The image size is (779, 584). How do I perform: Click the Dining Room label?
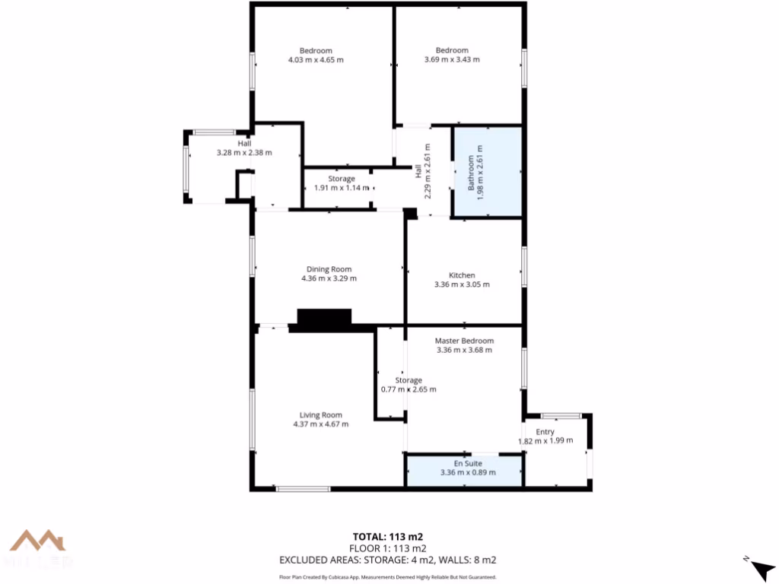coord(329,269)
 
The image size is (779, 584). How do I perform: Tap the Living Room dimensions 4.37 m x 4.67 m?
coord(320,424)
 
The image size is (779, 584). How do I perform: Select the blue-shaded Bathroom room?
coord(488,172)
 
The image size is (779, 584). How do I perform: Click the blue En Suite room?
coord(465,469)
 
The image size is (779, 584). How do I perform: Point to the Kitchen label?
coord(462,275)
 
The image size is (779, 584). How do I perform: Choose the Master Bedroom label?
coord(464,341)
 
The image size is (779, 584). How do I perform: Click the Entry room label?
coord(545,432)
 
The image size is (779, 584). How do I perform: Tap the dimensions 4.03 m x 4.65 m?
coord(316,59)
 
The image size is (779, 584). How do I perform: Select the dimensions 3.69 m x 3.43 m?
coord(452,59)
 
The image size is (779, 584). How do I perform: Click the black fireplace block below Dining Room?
coord(324,319)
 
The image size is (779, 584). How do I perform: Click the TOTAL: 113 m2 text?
coord(388,536)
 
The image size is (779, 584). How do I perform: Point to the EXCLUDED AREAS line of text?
coord(388,560)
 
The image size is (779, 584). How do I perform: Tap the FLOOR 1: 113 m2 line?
coord(388,548)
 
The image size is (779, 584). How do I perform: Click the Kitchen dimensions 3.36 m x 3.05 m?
coord(462,284)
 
